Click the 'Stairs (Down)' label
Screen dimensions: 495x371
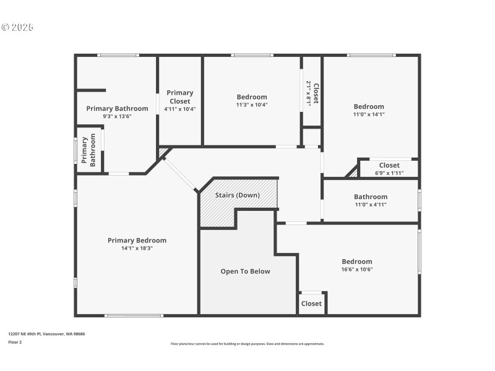[x=238, y=195]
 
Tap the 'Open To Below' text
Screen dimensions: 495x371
[x=245, y=271]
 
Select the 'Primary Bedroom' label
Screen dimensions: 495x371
[x=137, y=241]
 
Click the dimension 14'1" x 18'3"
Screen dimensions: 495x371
[x=137, y=249]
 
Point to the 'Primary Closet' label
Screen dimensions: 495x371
[x=180, y=97]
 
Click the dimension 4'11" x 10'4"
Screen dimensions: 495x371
[x=180, y=109]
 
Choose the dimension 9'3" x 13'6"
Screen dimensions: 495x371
[x=117, y=116]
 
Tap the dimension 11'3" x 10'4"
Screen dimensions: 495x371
[x=252, y=104]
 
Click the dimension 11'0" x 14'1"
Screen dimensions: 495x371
[x=369, y=114]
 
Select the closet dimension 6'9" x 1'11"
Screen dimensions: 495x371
[x=389, y=173]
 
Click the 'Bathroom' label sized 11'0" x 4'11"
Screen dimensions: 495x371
[x=371, y=197]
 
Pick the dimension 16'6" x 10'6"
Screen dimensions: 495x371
[x=357, y=270]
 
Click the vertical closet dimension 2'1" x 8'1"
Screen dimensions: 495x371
[x=309, y=93]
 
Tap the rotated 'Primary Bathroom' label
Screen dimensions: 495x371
[x=88, y=150]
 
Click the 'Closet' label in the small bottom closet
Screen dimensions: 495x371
[x=311, y=304]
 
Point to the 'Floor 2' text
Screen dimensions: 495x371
[x=15, y=342]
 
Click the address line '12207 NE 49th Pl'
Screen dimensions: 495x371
[x=24, y=334]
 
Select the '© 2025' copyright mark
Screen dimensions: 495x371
[x=17, y=27]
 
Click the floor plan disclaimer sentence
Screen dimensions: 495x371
[x=247, y=344]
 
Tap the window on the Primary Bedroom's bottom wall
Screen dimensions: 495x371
[x=134, y=315]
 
